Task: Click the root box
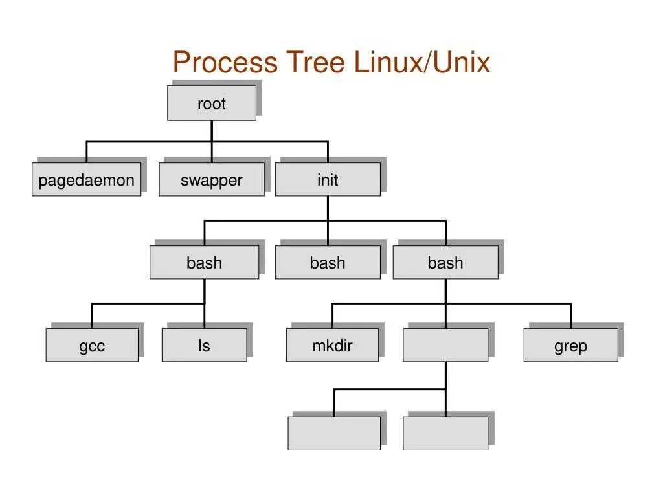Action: [x=211, y=104]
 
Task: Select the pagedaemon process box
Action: [x=86, y=179]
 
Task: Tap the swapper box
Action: [x=211, y=179]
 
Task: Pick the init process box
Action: [x=327, y=179]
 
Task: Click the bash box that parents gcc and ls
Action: [x=204, y=262]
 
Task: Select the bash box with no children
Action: [x=327, y=262]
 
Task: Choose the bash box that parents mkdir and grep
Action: [x=445, y=262]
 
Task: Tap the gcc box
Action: [x=92, y=345]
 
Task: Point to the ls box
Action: [x=204, y=345]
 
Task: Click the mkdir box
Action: [x=332, y=345]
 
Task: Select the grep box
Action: [x=570, y=345]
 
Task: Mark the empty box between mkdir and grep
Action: [x=445, y=345]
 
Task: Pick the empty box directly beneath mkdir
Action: [x=334, y=433]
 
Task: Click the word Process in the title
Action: [x=225, y=63]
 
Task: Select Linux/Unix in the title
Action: [x=422, y=63]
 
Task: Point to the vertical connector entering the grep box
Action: [x=570, y=316]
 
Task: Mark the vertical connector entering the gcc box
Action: [x=92, y=316]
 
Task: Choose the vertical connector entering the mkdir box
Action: [x=332, y=316]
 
